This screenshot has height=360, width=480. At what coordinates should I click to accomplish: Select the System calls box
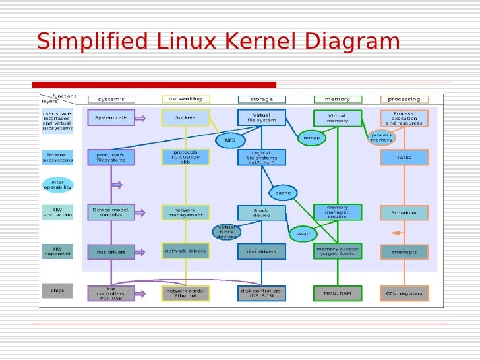click(111, 118)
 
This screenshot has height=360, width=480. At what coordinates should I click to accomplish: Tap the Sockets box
click(185, 118)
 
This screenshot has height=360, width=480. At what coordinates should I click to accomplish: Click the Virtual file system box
click(261, 118)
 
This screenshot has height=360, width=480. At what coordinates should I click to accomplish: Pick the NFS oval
click(229, 140)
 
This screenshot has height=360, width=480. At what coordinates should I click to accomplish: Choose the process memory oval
click(381, 136)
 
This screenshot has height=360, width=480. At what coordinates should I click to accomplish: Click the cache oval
click(283, 193)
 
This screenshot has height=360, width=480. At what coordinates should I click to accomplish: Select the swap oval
click(303, 233)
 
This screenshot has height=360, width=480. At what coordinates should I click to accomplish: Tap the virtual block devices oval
click(226, 231)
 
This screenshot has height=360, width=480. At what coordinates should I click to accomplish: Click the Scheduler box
click(404, 213)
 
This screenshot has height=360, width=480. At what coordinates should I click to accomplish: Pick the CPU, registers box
click(404, 293)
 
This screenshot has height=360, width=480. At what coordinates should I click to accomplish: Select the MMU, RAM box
click(337, 293)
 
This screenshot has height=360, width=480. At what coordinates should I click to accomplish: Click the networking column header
click(185, 99)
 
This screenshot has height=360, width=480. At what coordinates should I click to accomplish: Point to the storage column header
click(261, 99)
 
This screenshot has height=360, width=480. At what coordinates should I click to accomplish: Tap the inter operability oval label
click(57, 185)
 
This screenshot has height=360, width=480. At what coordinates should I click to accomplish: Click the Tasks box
click(404, 158)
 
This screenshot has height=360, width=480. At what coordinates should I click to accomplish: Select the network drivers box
click(185, 251)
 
